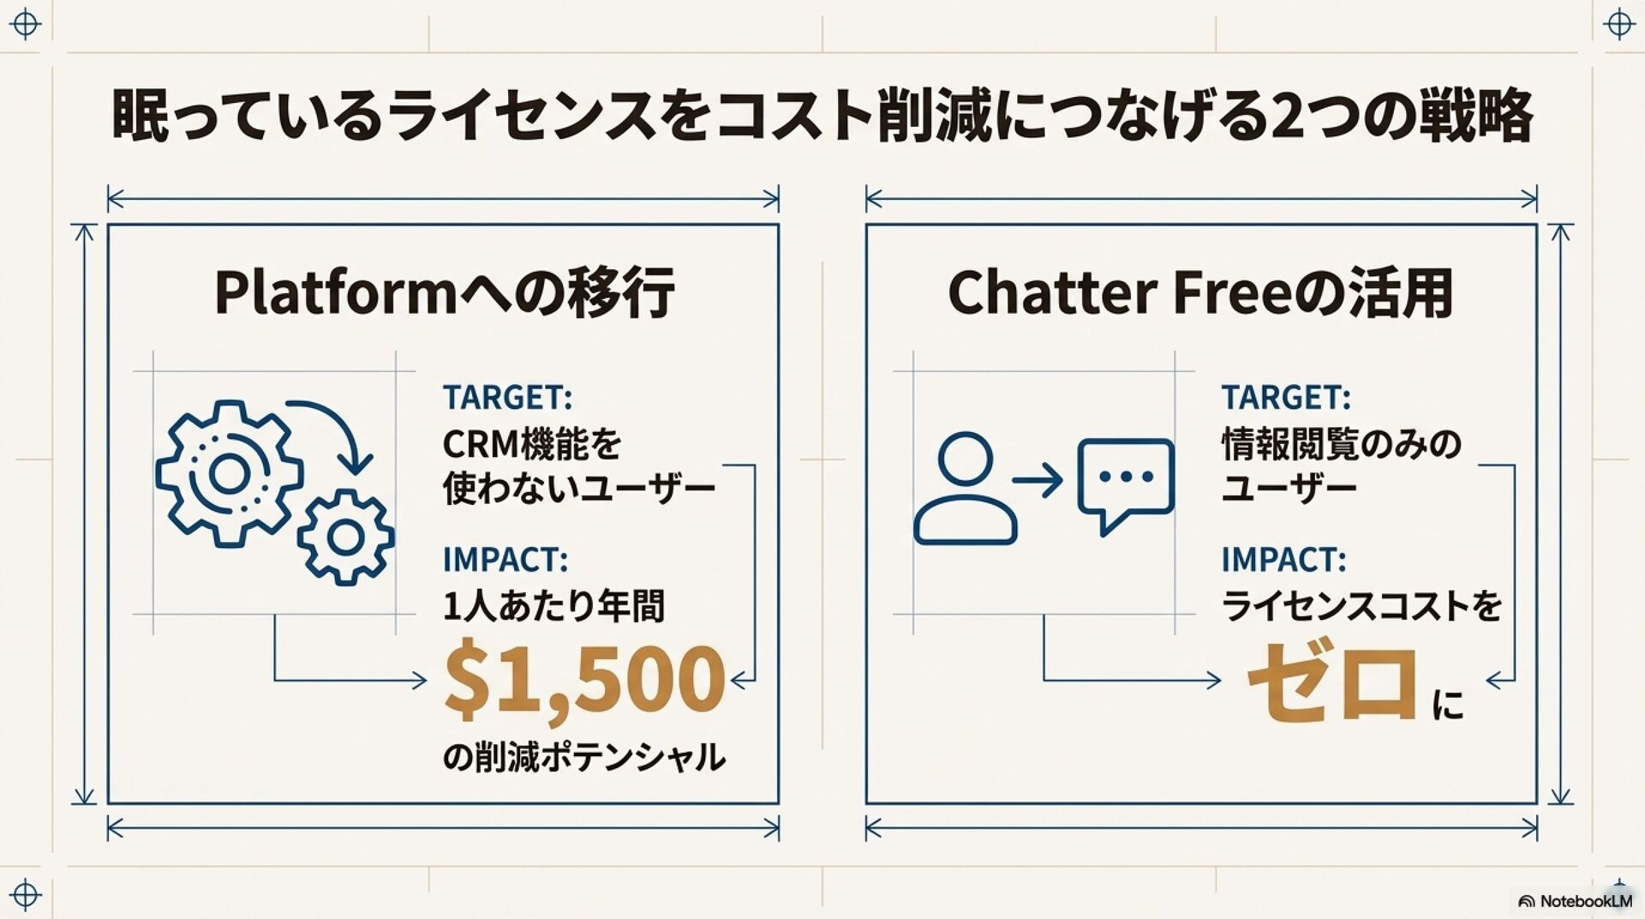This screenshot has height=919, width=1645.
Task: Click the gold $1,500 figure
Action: pyautogui.click(x=584, y=681)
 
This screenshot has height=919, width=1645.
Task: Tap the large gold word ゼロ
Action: pyautogui.click(x=1331, y=682)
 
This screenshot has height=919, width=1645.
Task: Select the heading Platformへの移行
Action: pyautogui.click(x=444, y=292)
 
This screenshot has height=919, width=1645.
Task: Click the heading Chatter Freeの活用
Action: pyautogui.click(x=1199, y=292)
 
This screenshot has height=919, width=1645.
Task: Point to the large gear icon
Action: pyautogui.click(x=229, y=473)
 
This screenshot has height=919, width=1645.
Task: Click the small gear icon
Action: pyautogui.click(x=346, y=538)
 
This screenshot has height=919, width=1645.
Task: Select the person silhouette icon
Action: pyautogui.click(x=965, y=489)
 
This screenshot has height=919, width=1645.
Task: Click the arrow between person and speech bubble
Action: pyautogui.click(x=1038, y=480)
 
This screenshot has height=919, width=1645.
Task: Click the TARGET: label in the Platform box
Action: pyautogui.click(x=507, y=398)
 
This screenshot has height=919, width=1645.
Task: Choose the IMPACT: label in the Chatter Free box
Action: pyautogui.click(x=1283, y=560)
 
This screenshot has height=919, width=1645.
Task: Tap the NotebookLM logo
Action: pyautogui.click(x=1575, y=901)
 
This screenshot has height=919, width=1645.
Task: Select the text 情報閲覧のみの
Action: pyautogui.click(x=1341, y=444)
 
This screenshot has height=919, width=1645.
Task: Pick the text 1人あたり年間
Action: pyautogui.click(x=553, y=606)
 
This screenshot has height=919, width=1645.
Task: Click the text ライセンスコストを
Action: pyautogui.click(x=1361, y=606)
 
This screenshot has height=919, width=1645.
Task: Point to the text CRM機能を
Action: pyautogui.click(x=531, y=444)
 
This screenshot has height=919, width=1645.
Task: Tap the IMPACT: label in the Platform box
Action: pyautogui.click(x=505, y=560)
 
